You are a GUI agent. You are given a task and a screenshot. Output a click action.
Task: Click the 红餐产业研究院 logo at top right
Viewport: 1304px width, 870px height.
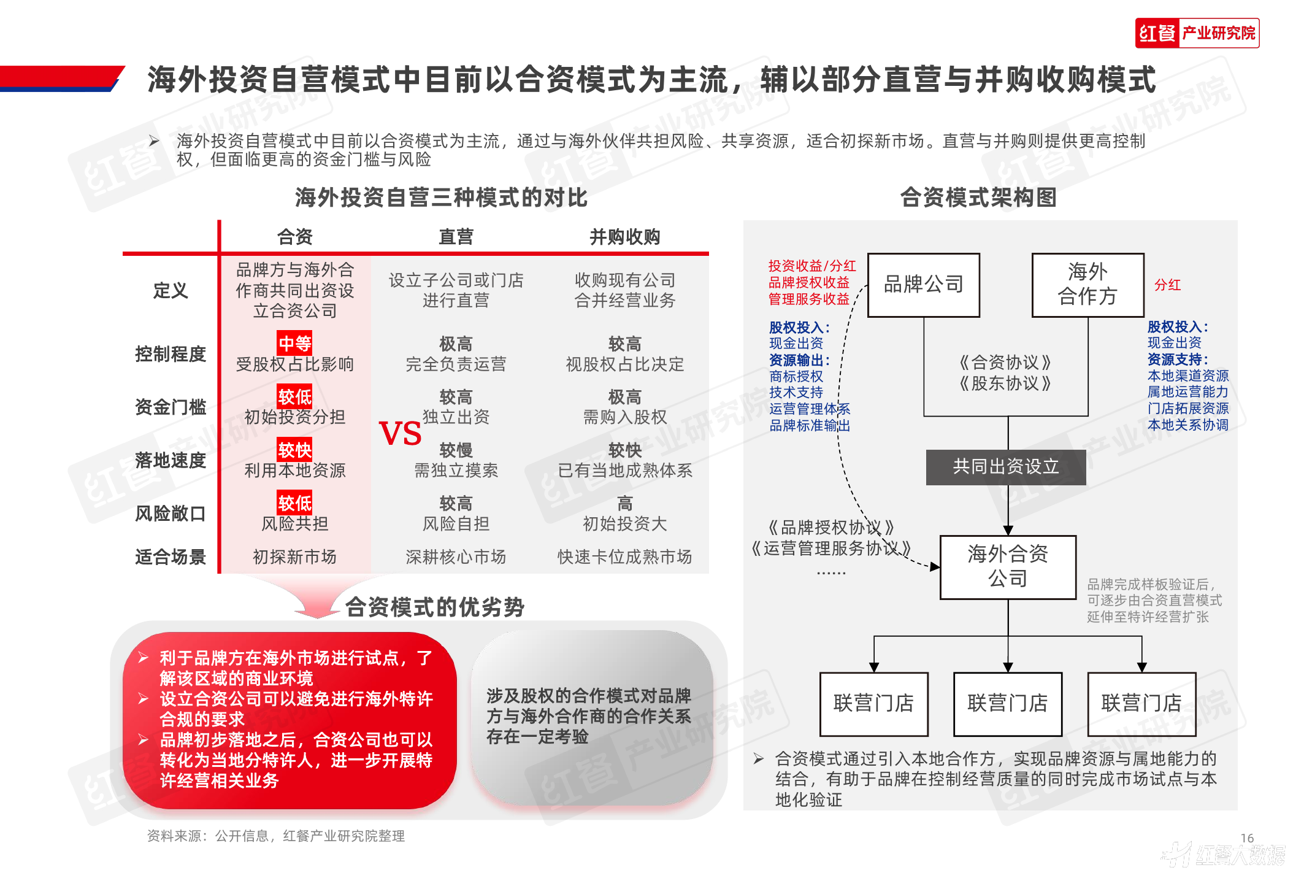[x=1197, y=33]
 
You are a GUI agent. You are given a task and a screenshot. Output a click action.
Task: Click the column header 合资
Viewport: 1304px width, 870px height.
[x=295, y=237]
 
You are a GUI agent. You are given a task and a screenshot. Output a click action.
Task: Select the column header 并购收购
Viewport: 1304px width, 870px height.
[x=624, y=237]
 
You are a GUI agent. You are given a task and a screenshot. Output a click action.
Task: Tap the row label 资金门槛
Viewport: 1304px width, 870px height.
[x=171, y=407]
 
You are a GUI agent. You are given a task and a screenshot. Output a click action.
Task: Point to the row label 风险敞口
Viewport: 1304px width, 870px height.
[x=171, y=514]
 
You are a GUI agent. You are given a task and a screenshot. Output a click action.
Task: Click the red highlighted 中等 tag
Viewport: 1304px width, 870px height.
[x=294, y=343]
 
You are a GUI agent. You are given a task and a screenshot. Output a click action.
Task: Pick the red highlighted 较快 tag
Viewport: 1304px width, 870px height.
[x=294, y=450]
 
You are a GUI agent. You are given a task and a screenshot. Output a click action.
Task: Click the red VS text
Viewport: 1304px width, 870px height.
[x=400, y=434]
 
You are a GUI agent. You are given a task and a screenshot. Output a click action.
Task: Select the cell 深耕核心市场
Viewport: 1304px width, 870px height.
[x=456, y=557]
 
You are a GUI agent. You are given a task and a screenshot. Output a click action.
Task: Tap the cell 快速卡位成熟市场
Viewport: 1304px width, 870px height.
[x=624, y=557]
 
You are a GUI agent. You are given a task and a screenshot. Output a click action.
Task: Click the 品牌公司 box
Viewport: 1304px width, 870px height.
[x=924, y=285]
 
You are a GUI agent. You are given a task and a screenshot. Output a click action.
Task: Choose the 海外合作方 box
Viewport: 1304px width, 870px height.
[x=1087, y=285]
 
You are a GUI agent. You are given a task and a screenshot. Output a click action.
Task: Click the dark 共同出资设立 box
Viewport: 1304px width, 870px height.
[x=1006, y=467]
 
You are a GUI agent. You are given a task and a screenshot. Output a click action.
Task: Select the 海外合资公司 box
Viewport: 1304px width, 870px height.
[x=1008, y=567]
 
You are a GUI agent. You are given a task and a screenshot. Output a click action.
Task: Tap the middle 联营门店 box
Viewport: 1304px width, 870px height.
[x=1008, y=704]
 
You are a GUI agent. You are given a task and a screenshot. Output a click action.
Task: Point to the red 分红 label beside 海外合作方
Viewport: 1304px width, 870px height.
[x=1167, y=285]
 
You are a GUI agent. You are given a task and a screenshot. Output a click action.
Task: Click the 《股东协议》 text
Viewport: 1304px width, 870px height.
[x=1006, y=384]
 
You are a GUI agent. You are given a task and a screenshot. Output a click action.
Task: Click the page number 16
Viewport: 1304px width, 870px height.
[x=1247, y=838]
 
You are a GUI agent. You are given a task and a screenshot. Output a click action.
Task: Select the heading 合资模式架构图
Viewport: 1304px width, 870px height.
[x=978, y=198]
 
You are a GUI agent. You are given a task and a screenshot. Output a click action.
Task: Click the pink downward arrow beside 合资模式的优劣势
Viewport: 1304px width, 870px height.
[x=317, y=601]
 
